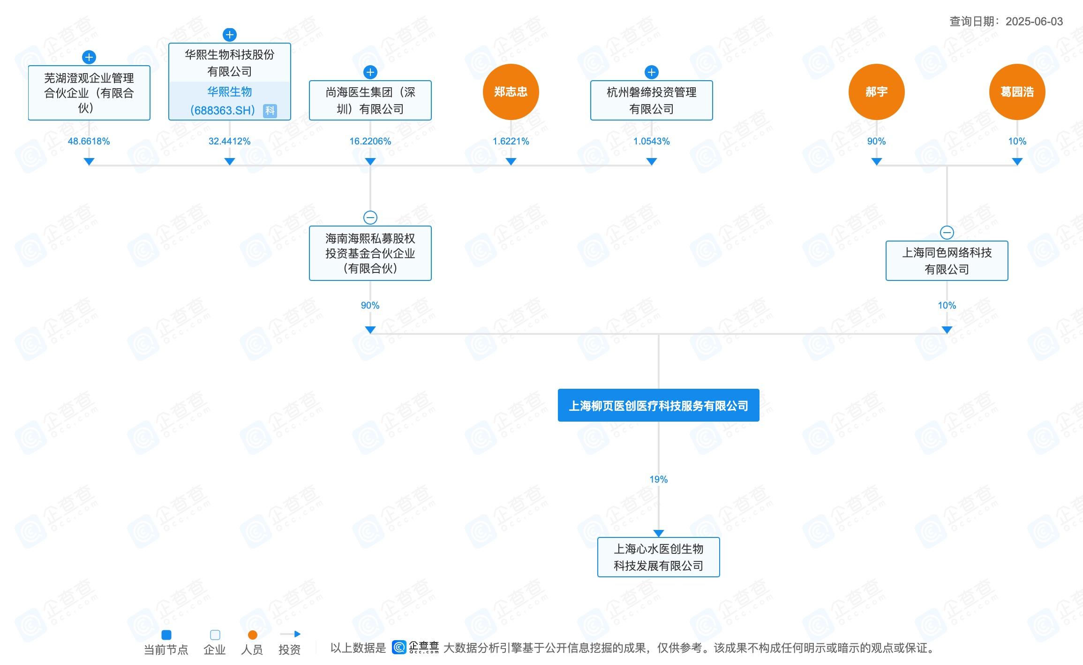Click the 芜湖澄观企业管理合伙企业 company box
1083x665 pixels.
89,93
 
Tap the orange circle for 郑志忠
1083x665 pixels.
511,92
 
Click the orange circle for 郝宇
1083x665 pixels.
876,92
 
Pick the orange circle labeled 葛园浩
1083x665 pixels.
1017,92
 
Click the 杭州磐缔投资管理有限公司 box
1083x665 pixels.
652,100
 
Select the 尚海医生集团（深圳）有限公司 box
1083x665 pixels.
370,100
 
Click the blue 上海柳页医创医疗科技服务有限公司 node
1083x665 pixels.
659,405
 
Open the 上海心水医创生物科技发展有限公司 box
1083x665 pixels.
659,557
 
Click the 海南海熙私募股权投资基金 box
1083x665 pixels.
370,253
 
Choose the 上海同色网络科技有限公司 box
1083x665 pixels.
947,261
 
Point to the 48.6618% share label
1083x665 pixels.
89,141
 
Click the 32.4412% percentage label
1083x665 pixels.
229,141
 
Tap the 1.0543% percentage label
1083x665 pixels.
652,141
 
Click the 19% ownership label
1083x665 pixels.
659,479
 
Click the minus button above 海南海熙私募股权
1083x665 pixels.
370,218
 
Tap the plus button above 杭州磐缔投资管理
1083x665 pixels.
652,72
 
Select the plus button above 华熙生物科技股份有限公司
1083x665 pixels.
230,35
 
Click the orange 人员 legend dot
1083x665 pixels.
252,635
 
